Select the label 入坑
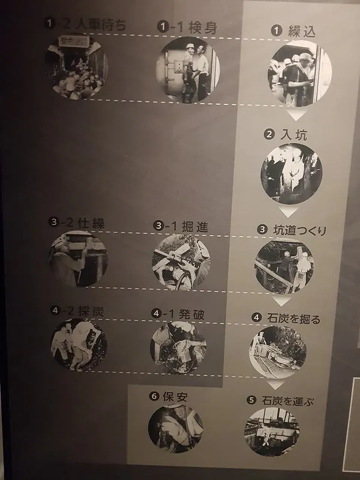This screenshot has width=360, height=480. [x=286, y=135]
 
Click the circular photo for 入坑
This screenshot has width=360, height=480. [x=291, y=174]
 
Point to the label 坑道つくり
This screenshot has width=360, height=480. [x=292, y=230]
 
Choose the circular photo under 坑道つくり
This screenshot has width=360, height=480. [x=284, y=266]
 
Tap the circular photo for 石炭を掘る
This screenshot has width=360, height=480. [x=278, y=352]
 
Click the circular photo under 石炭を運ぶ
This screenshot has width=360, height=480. [x=272, y=432]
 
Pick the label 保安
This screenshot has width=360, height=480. [x=167, y=397]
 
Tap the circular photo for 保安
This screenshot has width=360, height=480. [x=175, y=428]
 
